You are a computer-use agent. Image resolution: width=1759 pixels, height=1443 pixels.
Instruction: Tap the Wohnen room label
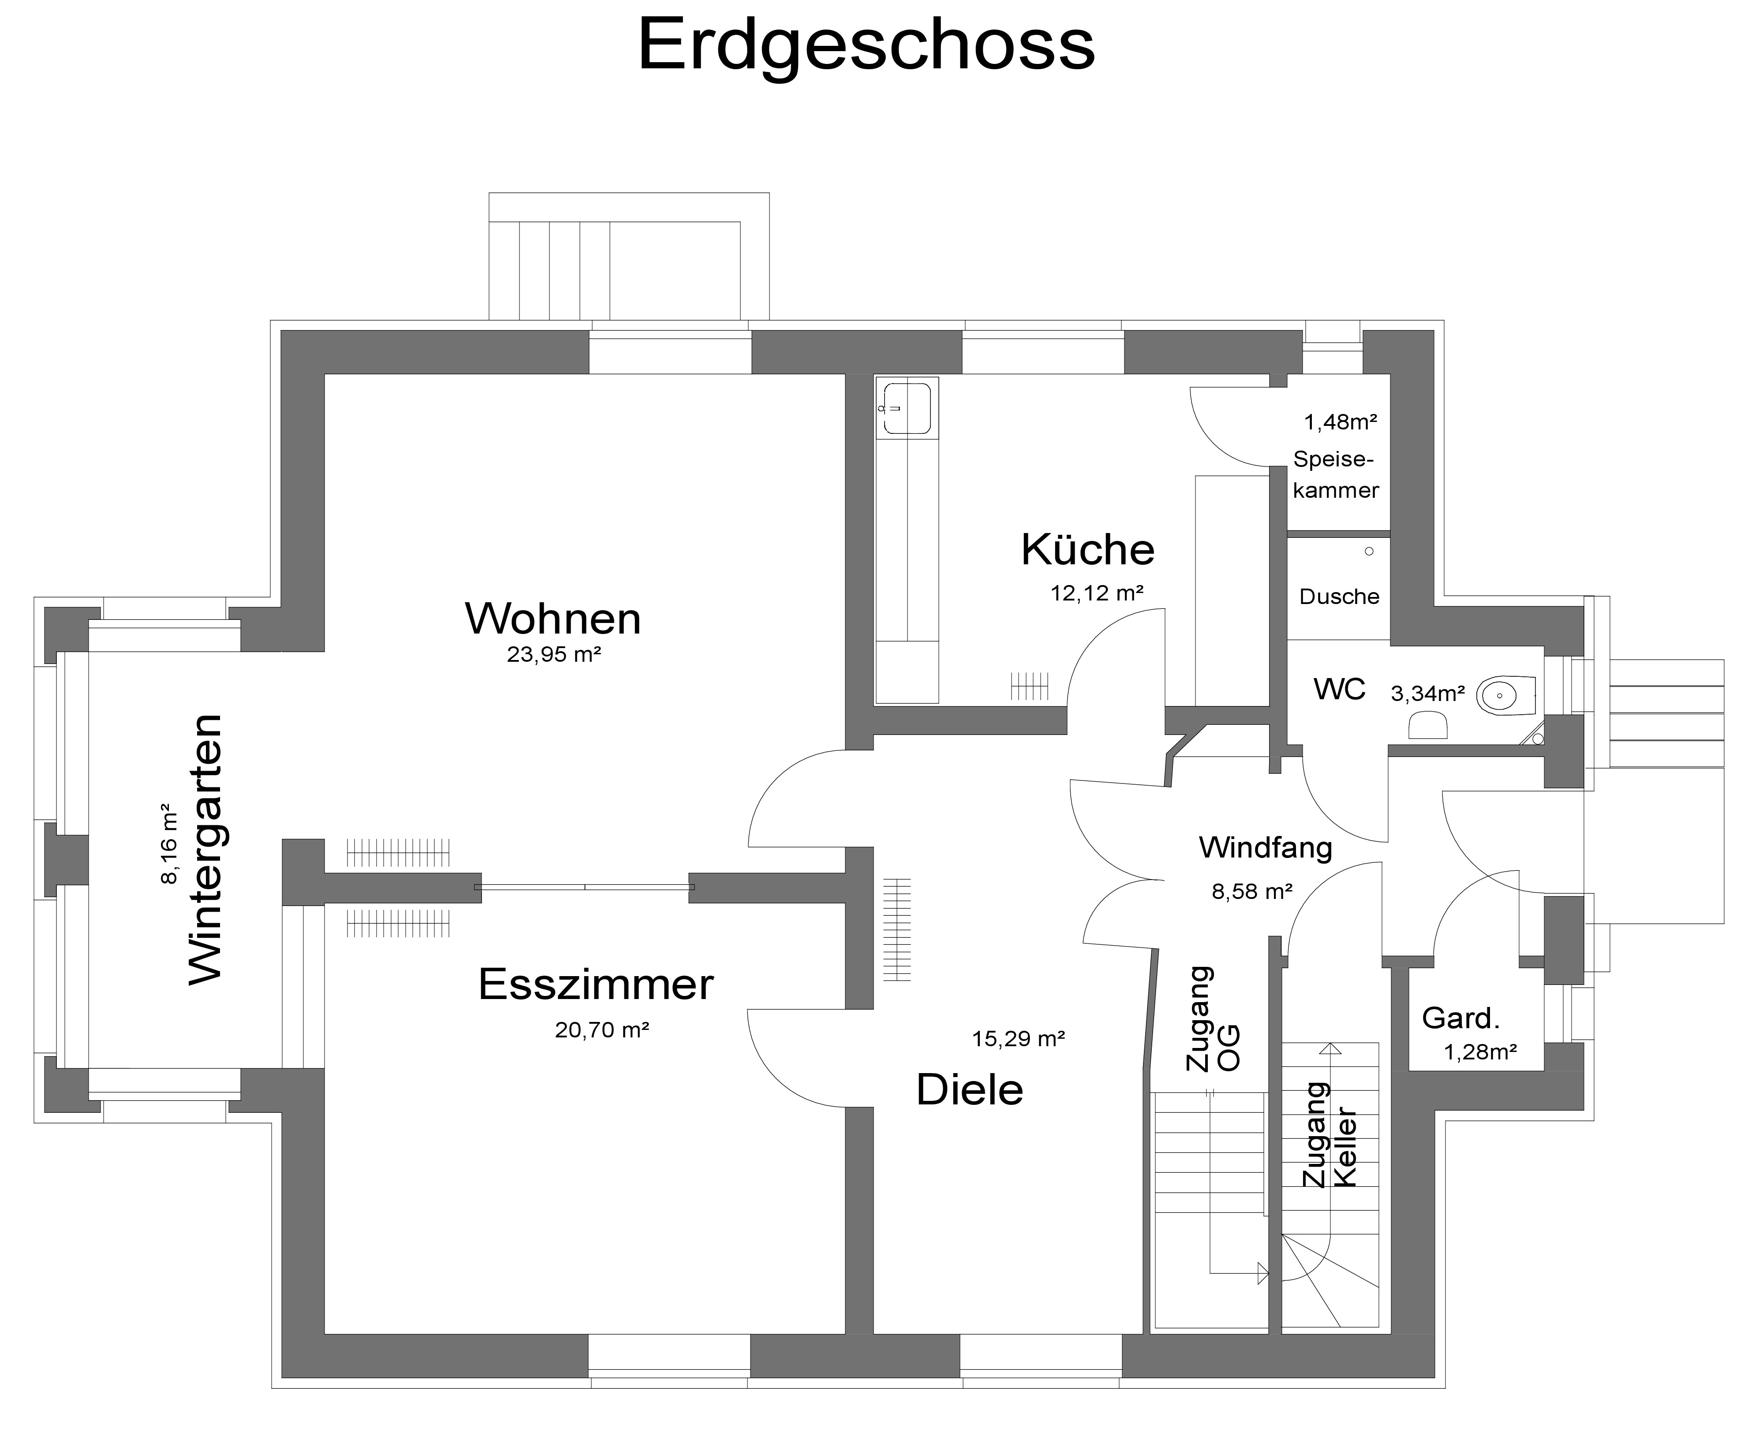553,619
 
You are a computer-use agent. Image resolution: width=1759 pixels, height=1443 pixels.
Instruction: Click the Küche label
1087,549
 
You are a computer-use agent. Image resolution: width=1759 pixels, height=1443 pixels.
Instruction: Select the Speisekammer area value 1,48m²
1340,422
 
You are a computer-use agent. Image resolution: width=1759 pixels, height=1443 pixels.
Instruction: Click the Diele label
969,1090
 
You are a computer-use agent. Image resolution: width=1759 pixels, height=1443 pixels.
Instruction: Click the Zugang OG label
1212,1019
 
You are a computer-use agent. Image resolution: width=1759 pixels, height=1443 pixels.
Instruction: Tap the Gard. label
1460,1018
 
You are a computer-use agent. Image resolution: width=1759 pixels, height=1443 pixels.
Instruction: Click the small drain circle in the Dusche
1369,551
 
